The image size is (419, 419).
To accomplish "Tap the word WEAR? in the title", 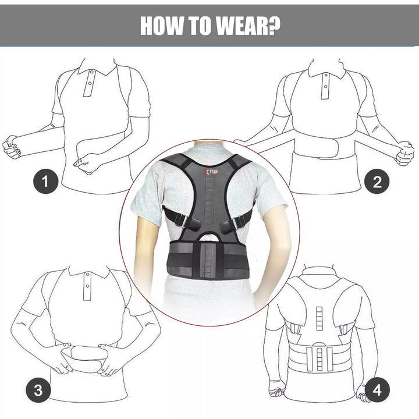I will pos(249,26).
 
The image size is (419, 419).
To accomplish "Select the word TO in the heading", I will pos(204,26).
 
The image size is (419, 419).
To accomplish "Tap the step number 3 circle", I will pos(38,390).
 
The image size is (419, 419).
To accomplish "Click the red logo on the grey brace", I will pos(207,173).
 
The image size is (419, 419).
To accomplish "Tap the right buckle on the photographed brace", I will pos(239,222).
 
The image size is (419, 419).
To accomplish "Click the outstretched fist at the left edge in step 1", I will pos(12,147).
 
